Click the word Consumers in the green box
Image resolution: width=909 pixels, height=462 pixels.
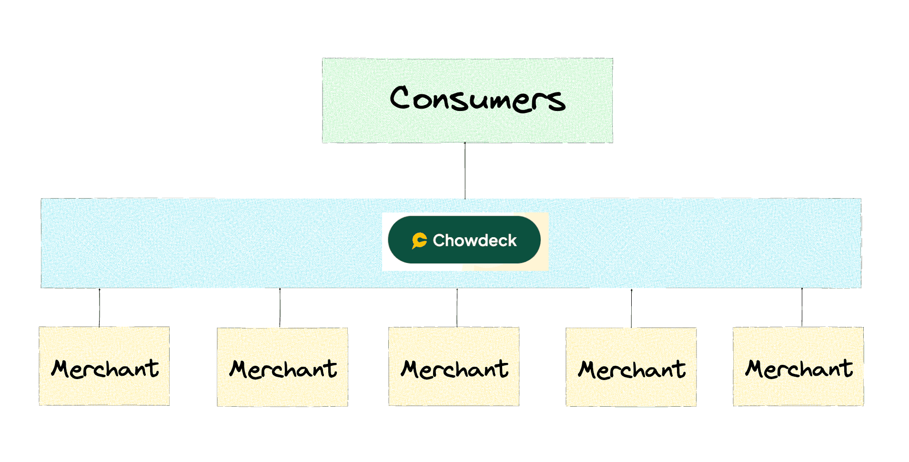point(477,99)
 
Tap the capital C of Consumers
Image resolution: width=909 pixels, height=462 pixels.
point(400,97)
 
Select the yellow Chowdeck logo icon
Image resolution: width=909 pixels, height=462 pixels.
point(419,241)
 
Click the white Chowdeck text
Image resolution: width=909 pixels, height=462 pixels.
point(475,241)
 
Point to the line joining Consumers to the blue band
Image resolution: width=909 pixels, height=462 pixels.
point(465,171)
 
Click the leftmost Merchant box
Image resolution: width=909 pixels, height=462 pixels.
point(104,366)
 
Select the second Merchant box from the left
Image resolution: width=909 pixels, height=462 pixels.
point(283,367)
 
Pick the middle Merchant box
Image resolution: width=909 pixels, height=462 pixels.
point(454,366)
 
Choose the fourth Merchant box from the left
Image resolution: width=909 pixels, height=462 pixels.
point(631,367)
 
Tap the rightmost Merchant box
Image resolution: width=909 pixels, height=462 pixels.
point(798,366)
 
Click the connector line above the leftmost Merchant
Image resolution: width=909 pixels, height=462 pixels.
point(100,308)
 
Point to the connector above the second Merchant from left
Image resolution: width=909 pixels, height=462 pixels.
point(280,308)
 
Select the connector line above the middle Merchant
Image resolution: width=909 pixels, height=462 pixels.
point(457,308)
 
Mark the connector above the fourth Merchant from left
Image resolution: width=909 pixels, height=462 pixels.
point(631,308)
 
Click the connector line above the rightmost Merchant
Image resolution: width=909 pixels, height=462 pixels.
point(802,307)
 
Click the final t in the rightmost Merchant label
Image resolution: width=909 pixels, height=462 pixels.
point(847,368)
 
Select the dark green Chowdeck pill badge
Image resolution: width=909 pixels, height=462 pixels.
point(465,240)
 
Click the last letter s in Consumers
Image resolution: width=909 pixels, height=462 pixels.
point(556,100)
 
